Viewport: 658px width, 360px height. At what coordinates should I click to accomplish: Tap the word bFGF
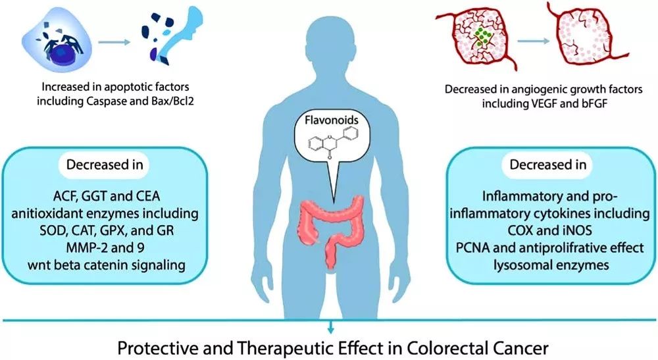click(x=578, y=103)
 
